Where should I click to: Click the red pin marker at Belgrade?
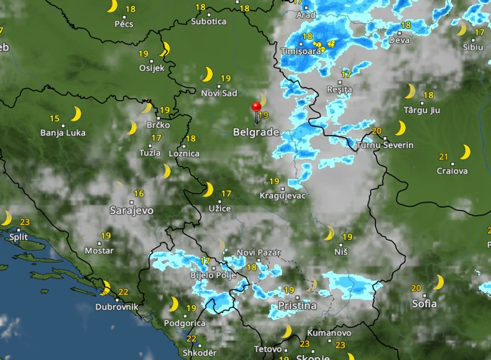click(256, 108)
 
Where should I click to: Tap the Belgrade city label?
click(256, 132)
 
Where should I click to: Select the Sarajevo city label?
click(131, 210)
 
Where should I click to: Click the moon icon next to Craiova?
click(464, 152)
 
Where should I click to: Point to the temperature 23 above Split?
click(25, 223)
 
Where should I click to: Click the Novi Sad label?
click(219, 93)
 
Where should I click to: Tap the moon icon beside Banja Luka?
click(76, 114)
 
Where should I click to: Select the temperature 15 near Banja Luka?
click(55, 119)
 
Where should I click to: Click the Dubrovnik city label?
click(117, 307)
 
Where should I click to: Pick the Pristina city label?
click(296, 305)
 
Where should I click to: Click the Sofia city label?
click(424, 303)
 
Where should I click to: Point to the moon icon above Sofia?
click(439, 283)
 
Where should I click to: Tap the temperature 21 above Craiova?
click(444, 157)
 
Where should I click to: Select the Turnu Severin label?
click(385, 145)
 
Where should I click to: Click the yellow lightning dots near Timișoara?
click(324, 45)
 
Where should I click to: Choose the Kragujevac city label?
click(283, 196)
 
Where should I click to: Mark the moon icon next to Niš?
click(329, 234)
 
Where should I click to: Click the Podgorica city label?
click(185, 323)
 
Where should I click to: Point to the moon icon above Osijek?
click(165, 48)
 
